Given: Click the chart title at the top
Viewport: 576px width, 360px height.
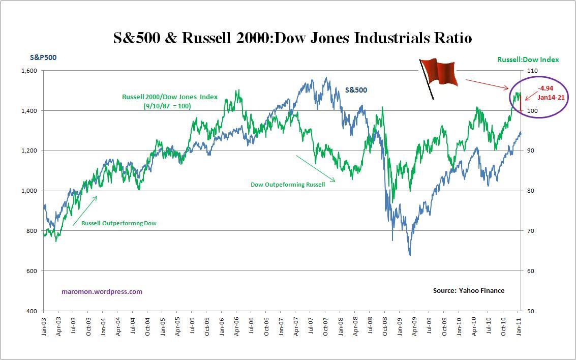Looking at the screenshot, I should pos(292,38).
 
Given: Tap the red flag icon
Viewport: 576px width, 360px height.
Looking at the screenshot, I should pos(440,72).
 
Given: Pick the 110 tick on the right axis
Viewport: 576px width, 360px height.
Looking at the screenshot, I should pos(530,71).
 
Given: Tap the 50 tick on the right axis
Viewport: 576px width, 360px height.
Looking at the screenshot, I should pos(529,311).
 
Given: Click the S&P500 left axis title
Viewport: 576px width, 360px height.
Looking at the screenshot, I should pos(43,57).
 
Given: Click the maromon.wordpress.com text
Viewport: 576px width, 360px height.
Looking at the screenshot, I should pos(102,292).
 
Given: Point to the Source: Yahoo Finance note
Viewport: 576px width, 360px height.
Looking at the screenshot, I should pos(468,290).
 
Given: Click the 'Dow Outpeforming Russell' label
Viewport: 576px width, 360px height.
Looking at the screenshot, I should pos(288,185).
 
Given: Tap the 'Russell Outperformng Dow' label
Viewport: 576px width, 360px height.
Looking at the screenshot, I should pos(118,223).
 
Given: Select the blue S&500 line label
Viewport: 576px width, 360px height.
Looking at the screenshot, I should pos(356,90).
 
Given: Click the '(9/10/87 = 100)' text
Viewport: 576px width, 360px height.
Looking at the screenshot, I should pos(167,106).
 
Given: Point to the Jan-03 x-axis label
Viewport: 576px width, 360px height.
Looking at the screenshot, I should pos(44,326).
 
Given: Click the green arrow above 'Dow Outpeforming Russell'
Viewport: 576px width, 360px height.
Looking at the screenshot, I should pos(315,168).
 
